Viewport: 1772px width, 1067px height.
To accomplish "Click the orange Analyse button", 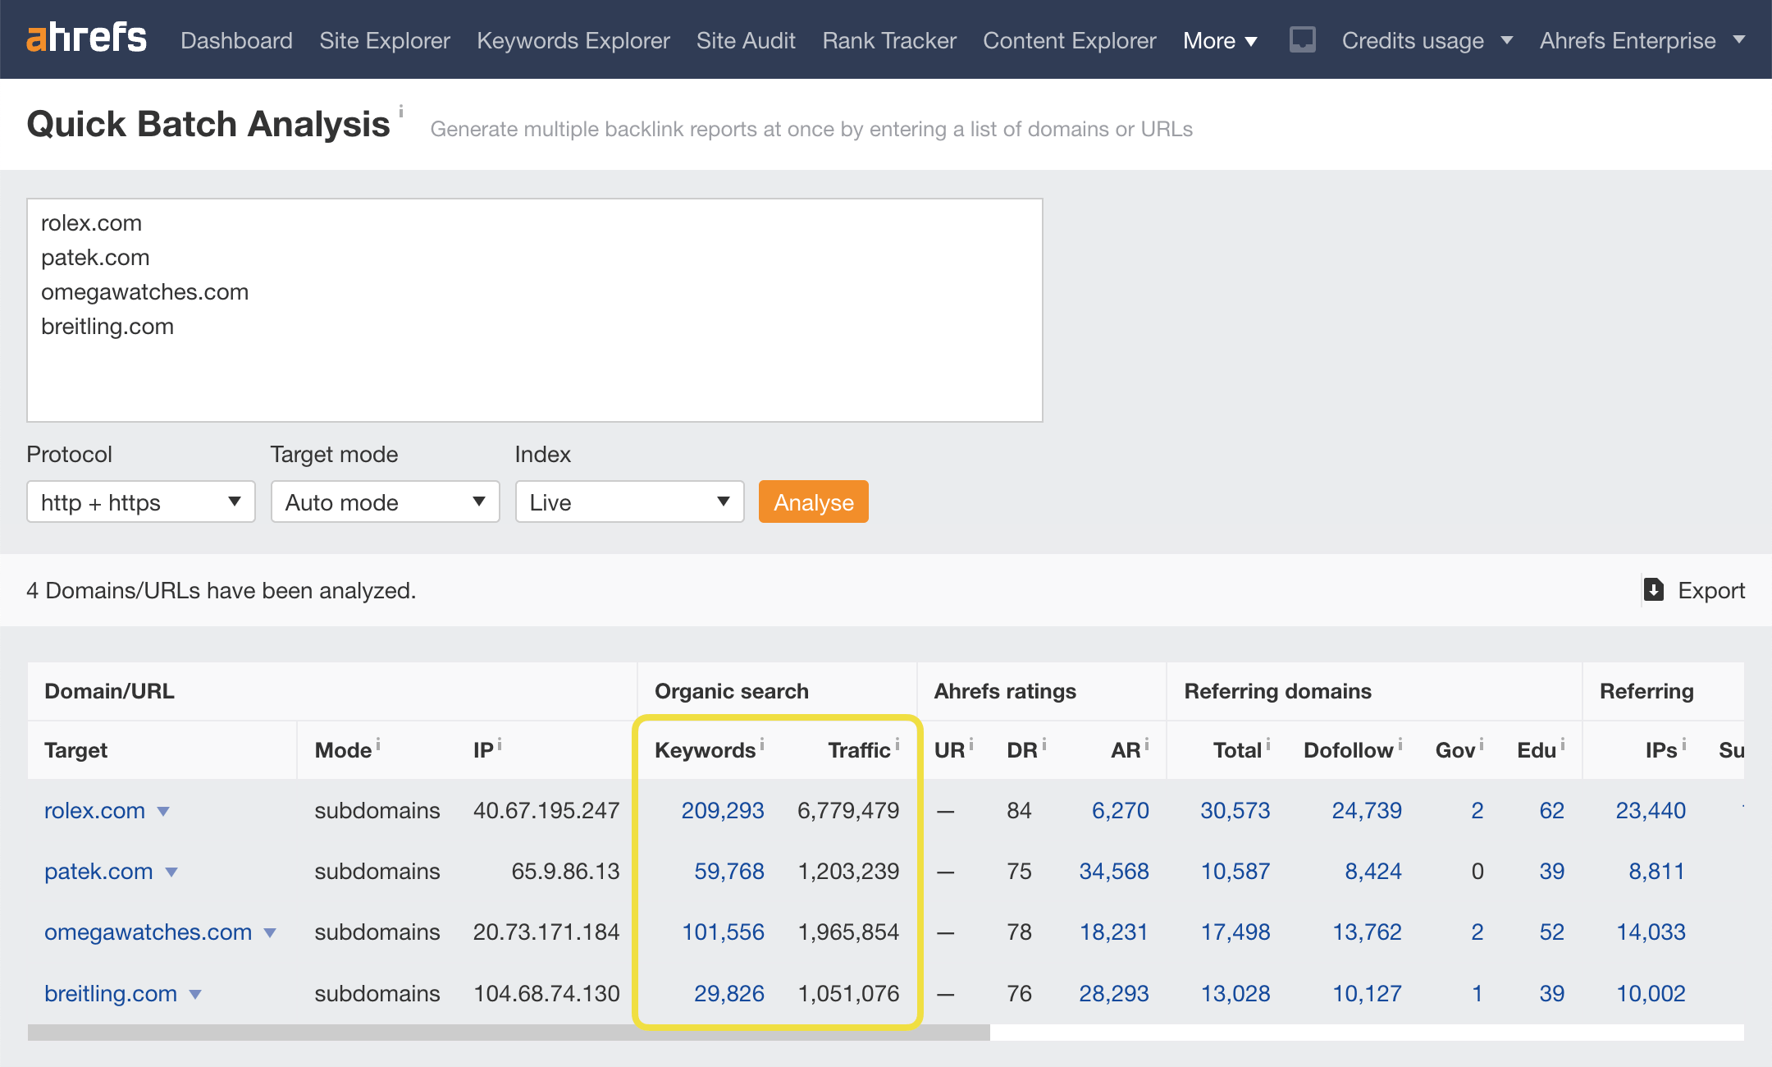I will pyautogui.click(x=813, y=501).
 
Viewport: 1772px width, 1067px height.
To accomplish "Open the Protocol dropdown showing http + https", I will pyautogui.click(x=140, y=501).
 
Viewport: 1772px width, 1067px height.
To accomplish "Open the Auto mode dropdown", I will pyautogui.click(x=385, y=501).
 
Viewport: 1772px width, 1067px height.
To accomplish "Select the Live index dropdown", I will pyautogui.click(x=629, y=501).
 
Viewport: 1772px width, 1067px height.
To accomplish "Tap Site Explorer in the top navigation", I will pyautogui.click(x=384, y=40).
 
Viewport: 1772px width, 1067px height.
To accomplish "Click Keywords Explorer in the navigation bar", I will pyautogui.click(x=573, y=40).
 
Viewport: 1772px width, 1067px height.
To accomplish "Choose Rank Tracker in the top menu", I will pyautogui.click(x=888, y=40).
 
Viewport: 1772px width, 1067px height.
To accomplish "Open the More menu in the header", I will pyautogui.click(x=1219, y=40).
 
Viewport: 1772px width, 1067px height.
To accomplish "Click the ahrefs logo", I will pyautogui.click(x=87, y=39).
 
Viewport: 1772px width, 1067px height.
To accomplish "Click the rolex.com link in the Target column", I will pyautogui.click(x=94, y=811).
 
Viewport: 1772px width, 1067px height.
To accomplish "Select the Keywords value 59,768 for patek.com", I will pyautogui.click(x=728, y=872).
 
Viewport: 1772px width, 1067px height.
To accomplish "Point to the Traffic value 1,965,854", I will pyautogui.click(x=848, y=932).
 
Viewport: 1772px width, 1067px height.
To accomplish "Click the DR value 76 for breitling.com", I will pyautogui.click(x=1019, y=994).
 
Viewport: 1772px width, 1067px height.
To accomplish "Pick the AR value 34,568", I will pyautogui.click(x=1113, y=872).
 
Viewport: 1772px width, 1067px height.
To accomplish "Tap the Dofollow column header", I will pyautogui.click(x=1348, y=750).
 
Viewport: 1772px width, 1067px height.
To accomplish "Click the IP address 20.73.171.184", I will pyautogui.click(x=546, y=932).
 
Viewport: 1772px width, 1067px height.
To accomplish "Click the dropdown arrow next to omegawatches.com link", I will pyautogui.click(x=270, y=933).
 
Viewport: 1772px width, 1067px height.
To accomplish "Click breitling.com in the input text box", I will pyautogui.click(x=107, y=327).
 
